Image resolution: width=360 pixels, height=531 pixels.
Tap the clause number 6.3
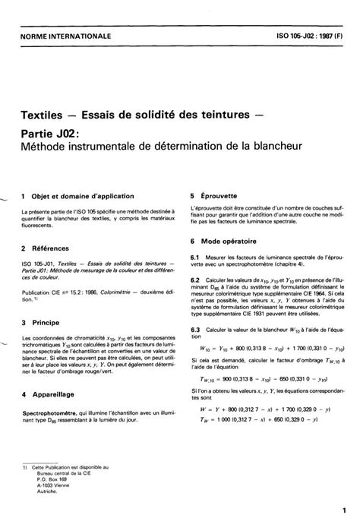194,329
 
